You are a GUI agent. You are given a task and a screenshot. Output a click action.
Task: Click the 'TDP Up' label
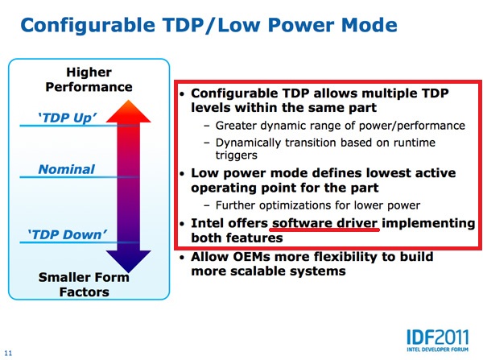coord(67,118)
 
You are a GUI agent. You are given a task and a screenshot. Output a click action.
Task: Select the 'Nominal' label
coord(67,169)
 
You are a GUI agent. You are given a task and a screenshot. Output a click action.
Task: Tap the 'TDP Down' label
coord(68,234)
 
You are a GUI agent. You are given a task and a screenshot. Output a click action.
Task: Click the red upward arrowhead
coord(129,111)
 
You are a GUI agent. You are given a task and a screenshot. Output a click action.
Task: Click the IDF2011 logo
coord(437,341)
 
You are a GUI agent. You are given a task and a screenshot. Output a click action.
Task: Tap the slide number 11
coord(8,354)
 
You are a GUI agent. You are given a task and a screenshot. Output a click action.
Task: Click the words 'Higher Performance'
coord(89,80)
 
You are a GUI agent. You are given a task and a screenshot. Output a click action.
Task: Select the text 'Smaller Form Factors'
coord(84,284)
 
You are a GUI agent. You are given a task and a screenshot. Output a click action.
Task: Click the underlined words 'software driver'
coord(324,223)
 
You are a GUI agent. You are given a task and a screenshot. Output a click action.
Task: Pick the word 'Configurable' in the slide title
coord(88,26)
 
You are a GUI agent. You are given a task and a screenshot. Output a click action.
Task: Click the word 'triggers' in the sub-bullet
coord(236,155)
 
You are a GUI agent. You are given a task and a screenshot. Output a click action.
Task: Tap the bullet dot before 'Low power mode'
coord(183,174)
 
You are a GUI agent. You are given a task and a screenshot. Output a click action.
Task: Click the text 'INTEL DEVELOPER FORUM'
coord(437,350)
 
